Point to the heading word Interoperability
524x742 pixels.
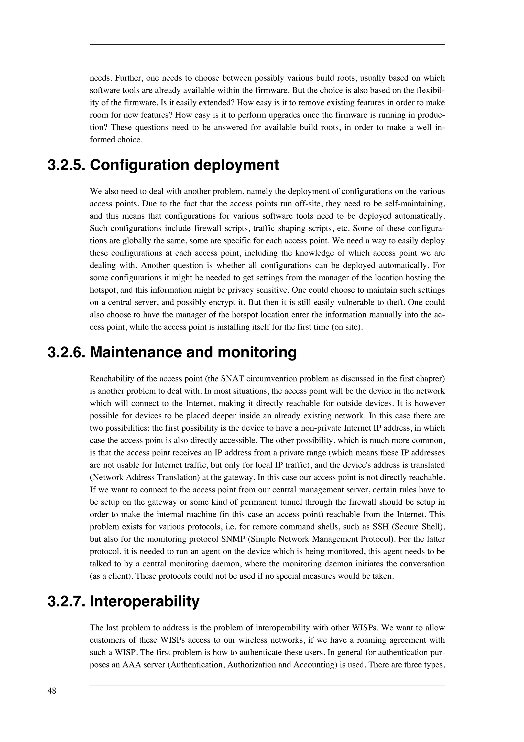(x=144, y=602)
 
